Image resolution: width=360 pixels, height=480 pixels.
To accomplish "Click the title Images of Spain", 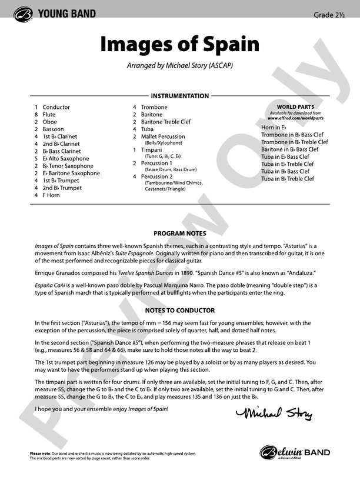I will [x=179, y=44].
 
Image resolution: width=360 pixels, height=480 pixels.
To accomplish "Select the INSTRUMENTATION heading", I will [x=179, y=96].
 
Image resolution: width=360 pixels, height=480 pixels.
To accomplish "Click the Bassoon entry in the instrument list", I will [x=53, y=129].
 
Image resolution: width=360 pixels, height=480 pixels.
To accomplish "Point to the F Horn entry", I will [x=51, y=195].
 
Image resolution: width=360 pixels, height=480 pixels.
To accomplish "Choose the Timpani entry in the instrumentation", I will [x=151, y=150].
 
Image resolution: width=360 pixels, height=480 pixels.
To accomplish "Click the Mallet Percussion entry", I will [x=163, y=136].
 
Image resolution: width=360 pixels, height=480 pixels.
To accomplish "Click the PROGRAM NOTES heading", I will [x=179, y=233].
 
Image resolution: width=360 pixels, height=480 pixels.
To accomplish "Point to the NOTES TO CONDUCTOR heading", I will [x=179, y=310].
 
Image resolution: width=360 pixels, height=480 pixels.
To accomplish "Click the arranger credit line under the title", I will [x=179, y=66].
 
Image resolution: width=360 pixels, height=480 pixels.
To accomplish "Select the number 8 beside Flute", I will [x=36, y=114].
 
